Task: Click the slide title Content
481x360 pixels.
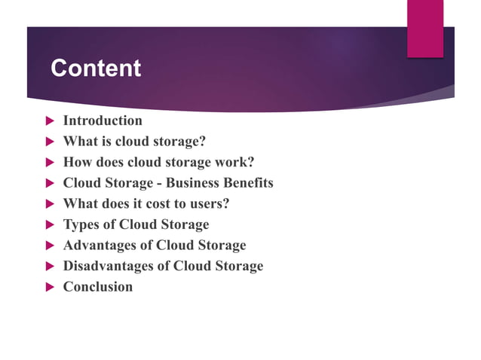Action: coord(96,69)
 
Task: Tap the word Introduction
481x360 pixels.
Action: coord(103,121)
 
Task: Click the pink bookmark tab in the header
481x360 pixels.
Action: coord(425,29)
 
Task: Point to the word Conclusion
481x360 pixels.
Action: coord(98,287)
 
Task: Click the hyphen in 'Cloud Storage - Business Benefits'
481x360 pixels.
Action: coord(161,184)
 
